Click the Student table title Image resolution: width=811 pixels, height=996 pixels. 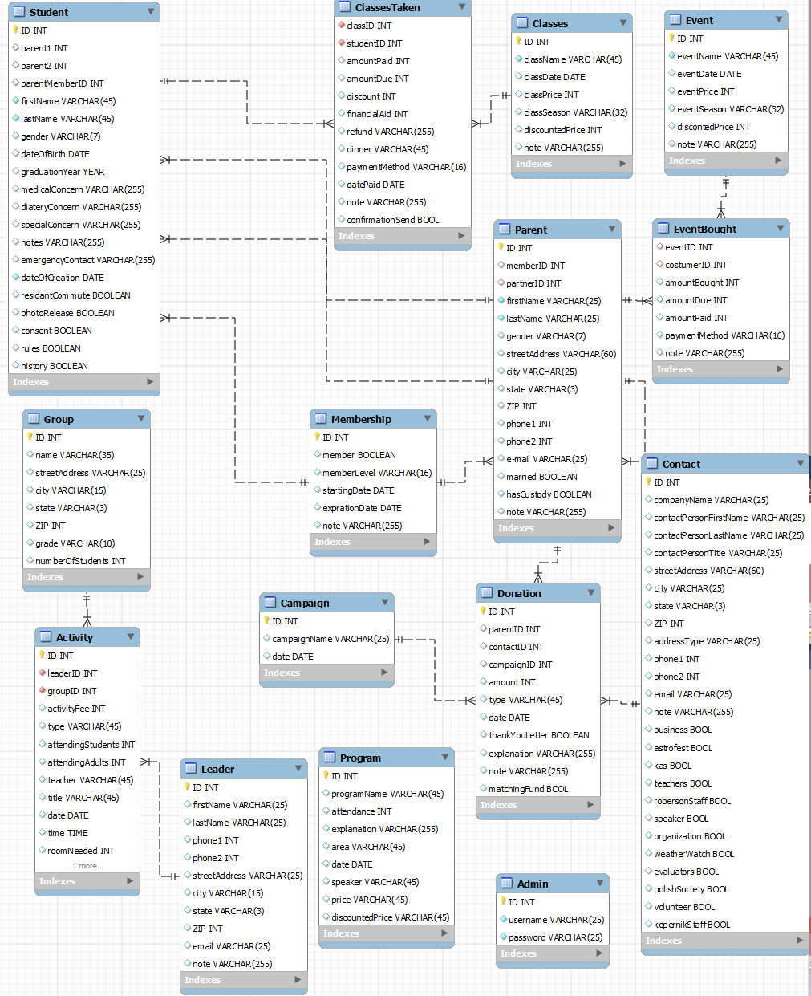[x=49, y=12]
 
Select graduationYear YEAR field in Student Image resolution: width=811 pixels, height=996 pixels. [x=63, y=172]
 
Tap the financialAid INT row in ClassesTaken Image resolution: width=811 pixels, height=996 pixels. [x=377, y=114]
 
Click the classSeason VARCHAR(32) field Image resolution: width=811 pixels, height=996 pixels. [x=575, y=112]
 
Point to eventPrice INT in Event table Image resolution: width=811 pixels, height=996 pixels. [x=705, y=91]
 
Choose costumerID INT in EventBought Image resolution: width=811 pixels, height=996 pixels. [x=695, y=265]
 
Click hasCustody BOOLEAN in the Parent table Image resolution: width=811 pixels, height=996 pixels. [x=549, y=494]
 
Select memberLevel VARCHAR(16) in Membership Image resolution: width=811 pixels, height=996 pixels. [x=376, y=473]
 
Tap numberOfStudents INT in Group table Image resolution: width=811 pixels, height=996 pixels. [x=80, y=561]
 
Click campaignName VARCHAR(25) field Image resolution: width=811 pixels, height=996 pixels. [x=330, y=639]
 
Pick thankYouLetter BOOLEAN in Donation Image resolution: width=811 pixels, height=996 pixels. [x=538, y=735]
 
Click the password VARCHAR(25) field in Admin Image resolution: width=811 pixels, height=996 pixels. [x=555, y=937]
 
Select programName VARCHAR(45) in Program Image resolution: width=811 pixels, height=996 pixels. [x=387, y=794]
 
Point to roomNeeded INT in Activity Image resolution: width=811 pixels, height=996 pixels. [x=80, y=851]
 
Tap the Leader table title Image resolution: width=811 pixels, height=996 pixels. [x=217, y=769]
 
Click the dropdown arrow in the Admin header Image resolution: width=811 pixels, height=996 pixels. [x=599, y=884]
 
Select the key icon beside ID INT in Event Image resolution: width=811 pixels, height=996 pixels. [x=671, y=39]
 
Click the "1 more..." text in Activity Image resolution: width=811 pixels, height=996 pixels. [x=87, y=866]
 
